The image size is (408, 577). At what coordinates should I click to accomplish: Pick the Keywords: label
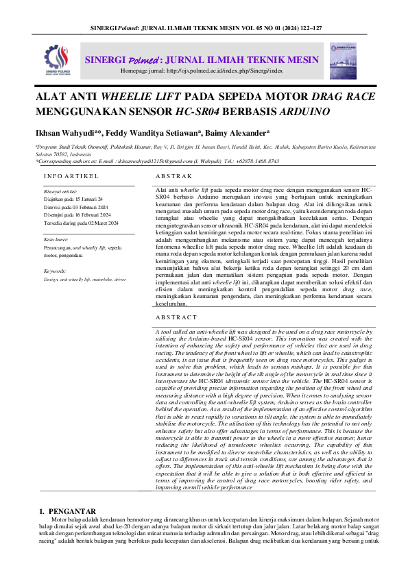tap(56, 271)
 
